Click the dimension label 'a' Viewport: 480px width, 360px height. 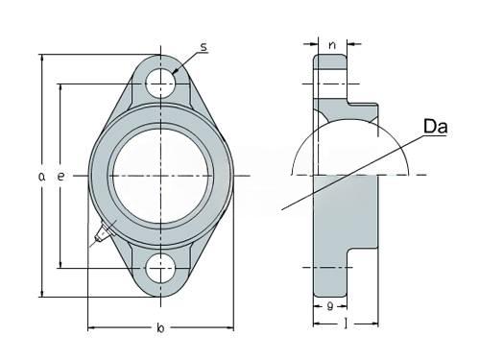point(41,177)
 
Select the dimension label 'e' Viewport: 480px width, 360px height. point(60,177)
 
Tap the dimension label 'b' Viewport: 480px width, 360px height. point(160,328)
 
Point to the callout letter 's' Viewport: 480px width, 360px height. point(204,47)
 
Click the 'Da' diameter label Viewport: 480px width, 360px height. point(435,127)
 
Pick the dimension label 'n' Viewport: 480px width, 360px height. point(332,45)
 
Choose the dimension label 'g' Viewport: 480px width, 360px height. point(330,306)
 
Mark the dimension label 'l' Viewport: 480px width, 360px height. point(346,324)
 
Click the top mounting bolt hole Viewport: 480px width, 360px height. point(160,84)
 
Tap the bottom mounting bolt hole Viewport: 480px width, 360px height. point(160,268)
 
